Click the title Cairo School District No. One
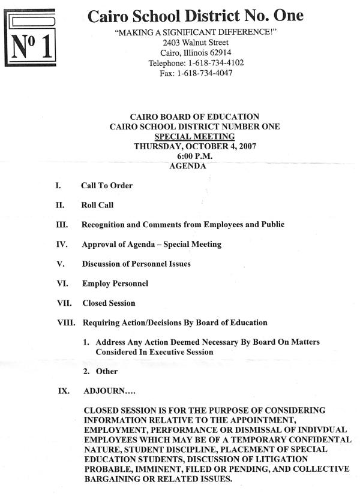195,16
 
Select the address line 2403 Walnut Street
195,43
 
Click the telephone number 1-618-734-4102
215,63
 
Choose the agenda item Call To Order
107,186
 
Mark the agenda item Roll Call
97,205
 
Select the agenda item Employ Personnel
115,284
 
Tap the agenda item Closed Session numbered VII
109,303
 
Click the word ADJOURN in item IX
101,391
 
